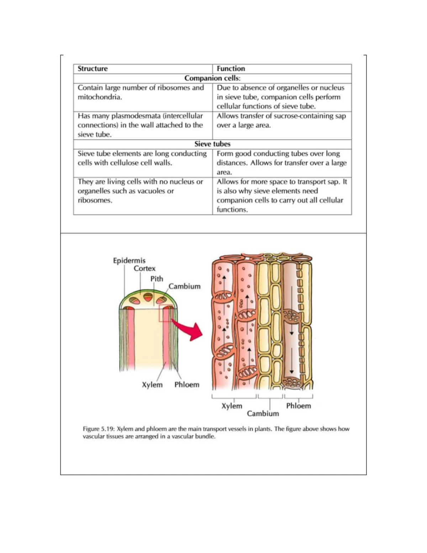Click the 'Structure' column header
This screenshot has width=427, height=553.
(93, 69)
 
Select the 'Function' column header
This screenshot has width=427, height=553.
(231, 69)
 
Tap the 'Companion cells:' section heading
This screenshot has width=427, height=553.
(212, 78)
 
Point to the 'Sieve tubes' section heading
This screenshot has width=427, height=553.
(212, 144)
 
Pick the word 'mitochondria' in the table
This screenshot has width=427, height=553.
(99, 97)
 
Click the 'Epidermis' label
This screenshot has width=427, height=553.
(129, 261)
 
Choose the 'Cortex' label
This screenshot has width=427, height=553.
(144, 268)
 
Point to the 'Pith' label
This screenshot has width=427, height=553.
(157, 279)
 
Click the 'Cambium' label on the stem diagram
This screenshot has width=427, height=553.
(184, 286)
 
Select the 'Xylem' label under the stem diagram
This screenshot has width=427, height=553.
(152, 385)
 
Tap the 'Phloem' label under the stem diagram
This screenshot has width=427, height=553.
(187, 385)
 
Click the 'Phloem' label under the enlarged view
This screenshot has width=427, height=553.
(299, 406)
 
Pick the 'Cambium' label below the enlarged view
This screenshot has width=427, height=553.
(263, 414)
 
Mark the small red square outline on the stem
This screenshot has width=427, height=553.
(166, 313)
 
